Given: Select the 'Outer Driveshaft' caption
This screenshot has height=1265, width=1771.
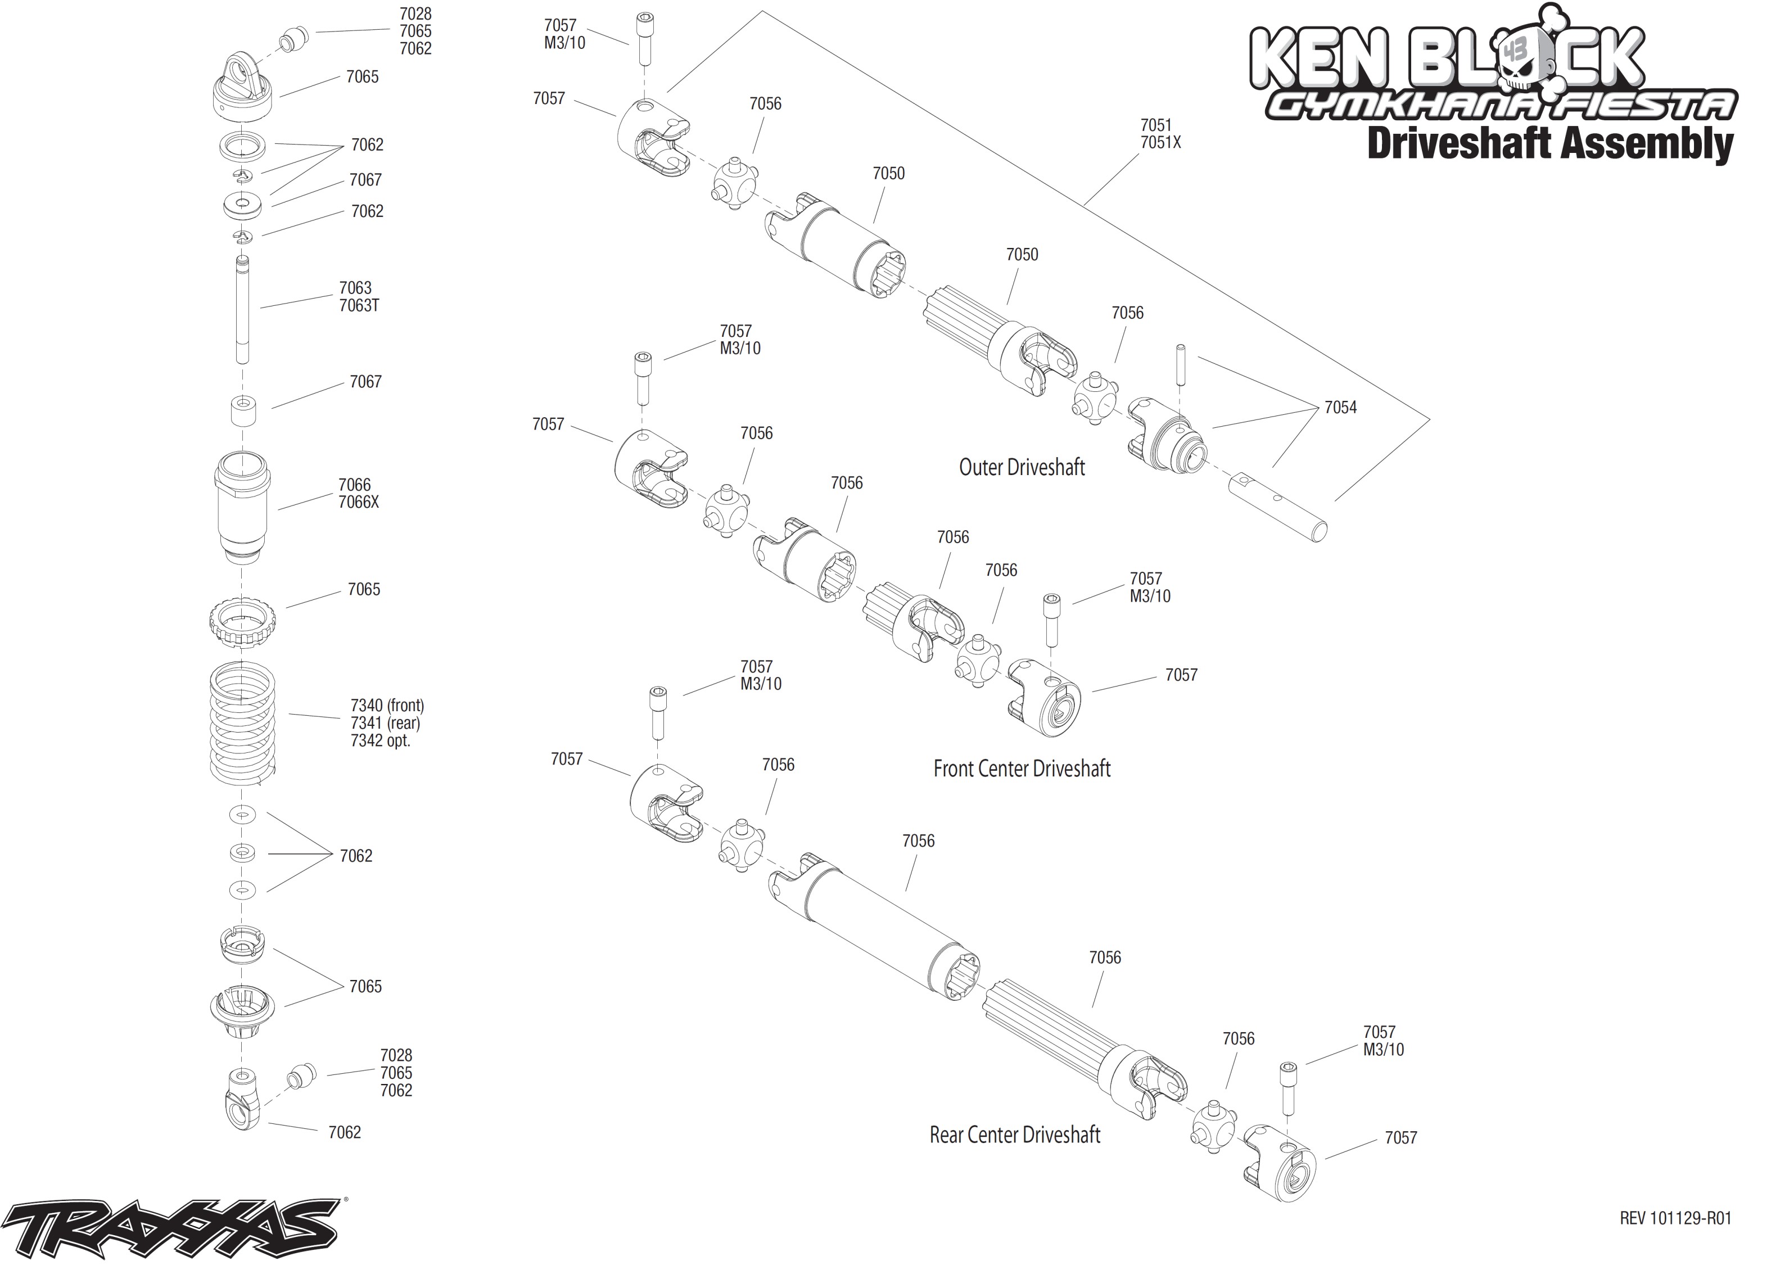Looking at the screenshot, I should click(1021, 467).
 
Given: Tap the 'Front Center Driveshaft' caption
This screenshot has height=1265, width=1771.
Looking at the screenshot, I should click(1021, 769).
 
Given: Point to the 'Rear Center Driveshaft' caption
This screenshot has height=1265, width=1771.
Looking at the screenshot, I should click(1014, 1135).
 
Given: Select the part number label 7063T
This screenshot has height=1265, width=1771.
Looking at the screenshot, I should click(359, 306).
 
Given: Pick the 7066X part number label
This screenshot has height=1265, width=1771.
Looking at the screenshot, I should click(358, 503).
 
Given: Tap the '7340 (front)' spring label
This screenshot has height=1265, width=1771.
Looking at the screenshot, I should click(387, 705).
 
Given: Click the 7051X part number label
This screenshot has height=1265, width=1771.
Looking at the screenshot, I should click(1160, 143).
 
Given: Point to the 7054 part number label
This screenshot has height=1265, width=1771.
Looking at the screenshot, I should click(1340, 408).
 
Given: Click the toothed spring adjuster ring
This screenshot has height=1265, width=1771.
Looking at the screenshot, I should click(242, 621).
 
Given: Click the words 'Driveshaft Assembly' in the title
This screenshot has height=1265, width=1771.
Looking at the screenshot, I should click(1550, 144).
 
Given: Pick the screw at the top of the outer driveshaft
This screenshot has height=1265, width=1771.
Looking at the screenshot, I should click(645, 39).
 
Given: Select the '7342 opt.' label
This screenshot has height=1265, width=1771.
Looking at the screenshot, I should click(380, 741).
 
